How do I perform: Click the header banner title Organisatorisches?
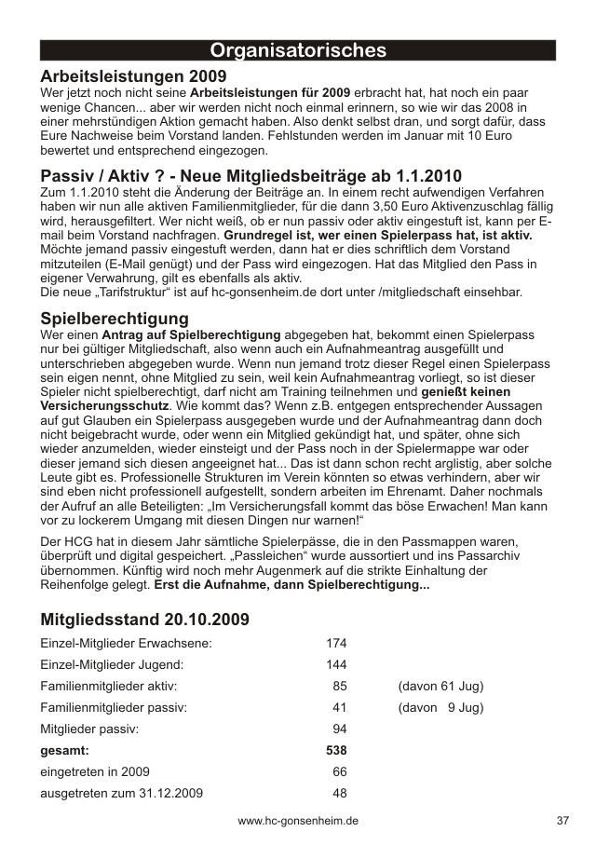(298, 50)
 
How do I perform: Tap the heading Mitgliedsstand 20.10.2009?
(144, 619)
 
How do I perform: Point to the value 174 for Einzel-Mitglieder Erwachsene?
(336, 643)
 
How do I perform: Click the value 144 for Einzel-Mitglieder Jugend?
(336, 664)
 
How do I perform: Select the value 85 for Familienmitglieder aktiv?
(340, 686)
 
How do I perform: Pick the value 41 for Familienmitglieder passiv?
(340, 707)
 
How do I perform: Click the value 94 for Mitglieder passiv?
(340, 729)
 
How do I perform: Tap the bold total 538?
(336, 750)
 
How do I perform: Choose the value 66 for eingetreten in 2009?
(340, 771)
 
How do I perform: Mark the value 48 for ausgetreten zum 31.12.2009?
(340, 793)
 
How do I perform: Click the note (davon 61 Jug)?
(440, 686)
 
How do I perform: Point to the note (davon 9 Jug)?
(440, 707)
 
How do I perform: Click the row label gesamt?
(65, 750)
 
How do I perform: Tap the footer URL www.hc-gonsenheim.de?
(298, 821)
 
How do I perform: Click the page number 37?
(562, 821)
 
